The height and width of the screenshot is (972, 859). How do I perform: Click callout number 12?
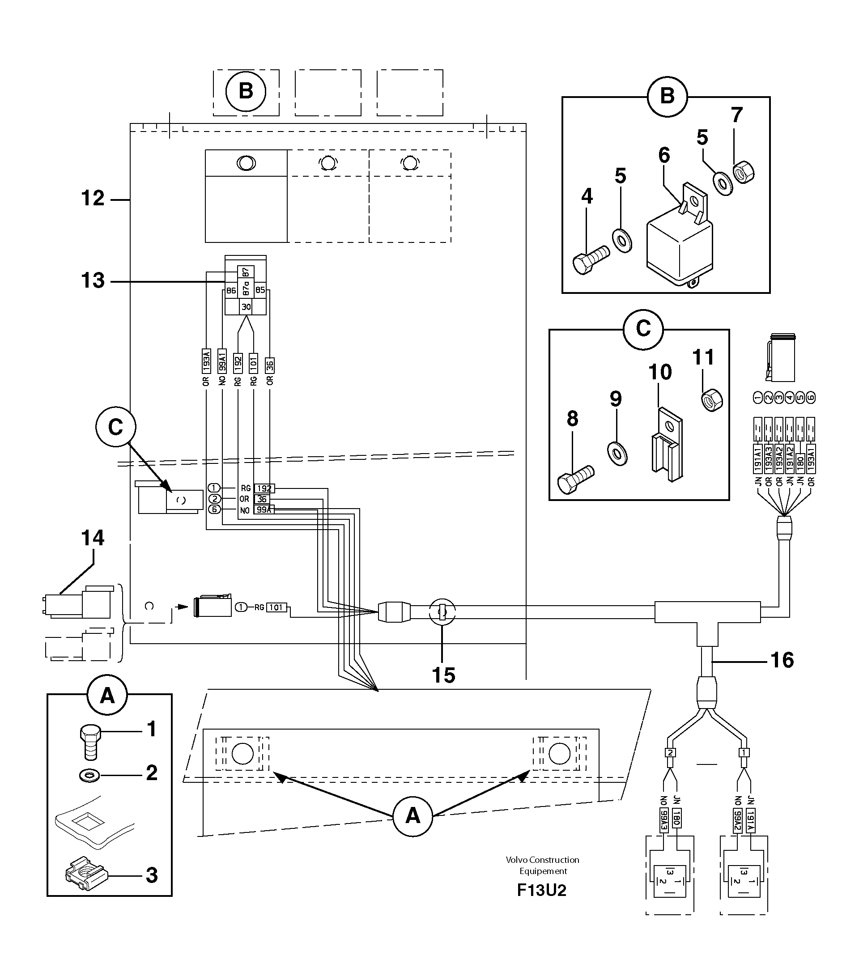[93, 199]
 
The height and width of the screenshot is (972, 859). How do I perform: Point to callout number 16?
[782, 660]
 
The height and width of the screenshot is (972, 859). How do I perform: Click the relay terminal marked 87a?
[246, 288]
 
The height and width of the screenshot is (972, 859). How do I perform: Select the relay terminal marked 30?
[246, 307]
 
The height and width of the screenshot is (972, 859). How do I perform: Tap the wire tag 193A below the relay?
[206, 361]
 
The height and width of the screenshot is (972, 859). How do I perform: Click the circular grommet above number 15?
[442, 612]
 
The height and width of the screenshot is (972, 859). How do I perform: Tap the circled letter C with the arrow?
[115, 427]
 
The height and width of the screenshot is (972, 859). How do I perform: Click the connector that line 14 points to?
[78, 603]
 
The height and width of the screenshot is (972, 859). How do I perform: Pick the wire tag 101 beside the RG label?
[276, 607]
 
